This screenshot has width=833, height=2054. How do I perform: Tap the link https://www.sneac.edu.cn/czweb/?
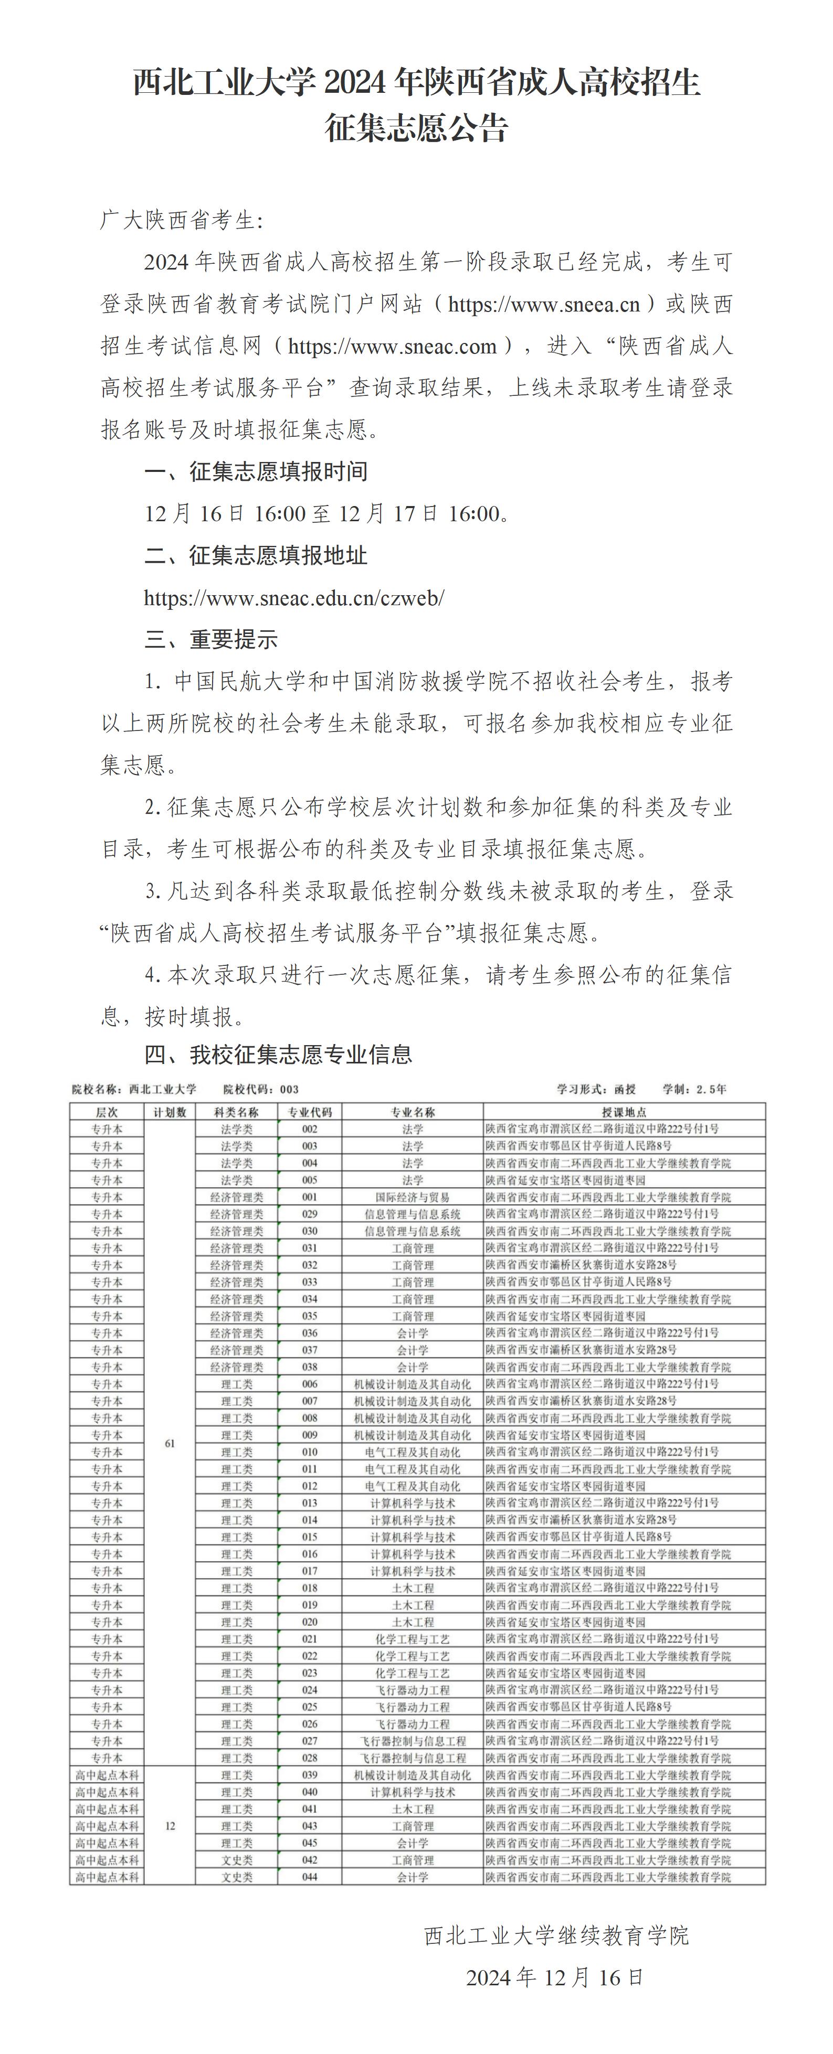(293, 598)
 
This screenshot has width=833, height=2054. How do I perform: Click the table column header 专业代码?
(310, 1112)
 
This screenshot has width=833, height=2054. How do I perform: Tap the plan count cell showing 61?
(169, 1443)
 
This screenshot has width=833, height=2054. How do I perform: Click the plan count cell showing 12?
(169, 1826)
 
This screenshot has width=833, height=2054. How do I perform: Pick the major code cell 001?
(310, 1197)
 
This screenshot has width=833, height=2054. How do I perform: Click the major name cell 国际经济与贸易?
(413, 1197)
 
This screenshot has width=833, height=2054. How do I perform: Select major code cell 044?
(310, 1877)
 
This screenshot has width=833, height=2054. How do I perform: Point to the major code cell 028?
(310, 1757)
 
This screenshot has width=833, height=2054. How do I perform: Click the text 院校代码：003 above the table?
(261, 1089)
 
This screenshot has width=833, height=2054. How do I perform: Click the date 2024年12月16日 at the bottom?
(554, 1977)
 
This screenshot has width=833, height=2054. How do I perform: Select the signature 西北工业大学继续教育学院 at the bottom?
(556, 1935)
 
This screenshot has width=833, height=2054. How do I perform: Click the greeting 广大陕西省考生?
(181, 220)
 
